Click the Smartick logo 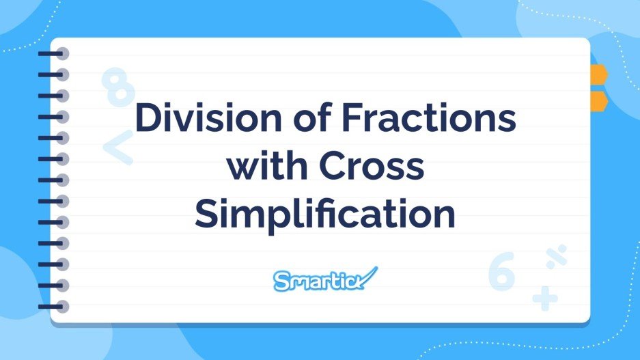(324, 279)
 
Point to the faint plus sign (545, 298)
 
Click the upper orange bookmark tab (598, 74)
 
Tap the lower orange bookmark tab (598, 100)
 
